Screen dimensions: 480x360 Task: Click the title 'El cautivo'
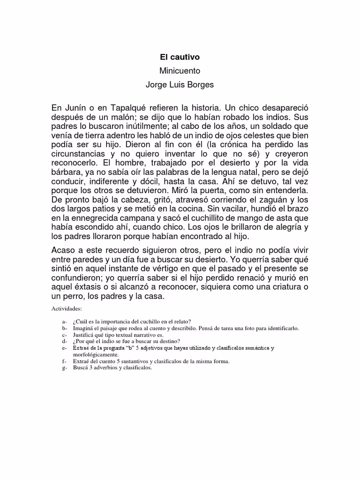click(x=180, y=57)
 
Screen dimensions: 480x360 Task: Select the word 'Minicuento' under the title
click(x=180, y=71)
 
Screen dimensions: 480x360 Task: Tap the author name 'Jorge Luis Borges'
click(x=180, y=85)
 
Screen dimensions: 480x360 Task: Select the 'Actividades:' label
click(x=67, y=309)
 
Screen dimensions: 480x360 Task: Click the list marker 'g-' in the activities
click(x=64, y=368)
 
